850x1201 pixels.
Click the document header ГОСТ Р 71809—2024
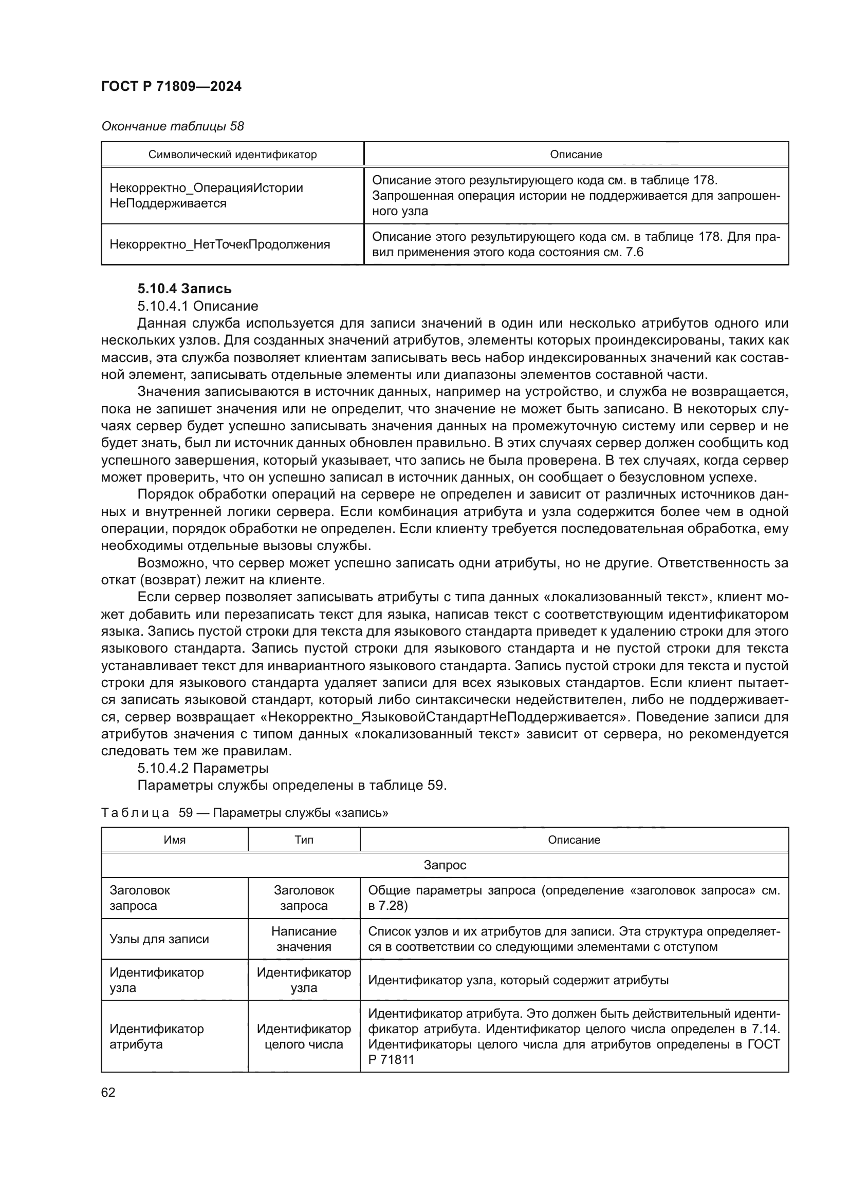point(171,86)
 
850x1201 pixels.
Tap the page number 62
point(108,1092)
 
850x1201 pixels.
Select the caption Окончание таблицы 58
point(172,126)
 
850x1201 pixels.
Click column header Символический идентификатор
point(232,155)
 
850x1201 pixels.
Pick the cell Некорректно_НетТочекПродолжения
point(220,244)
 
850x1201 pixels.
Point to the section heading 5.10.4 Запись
point(184,289)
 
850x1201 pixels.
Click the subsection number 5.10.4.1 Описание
point(197,306)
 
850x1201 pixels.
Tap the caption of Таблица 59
point(244,812)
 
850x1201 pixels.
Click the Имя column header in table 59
point(174,840)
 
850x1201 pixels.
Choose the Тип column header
point(304,840)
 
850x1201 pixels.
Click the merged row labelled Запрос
point(445,865)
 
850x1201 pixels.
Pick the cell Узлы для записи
point(159,939)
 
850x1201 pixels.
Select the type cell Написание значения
point(304,939)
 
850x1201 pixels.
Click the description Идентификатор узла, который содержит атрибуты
point(518,980)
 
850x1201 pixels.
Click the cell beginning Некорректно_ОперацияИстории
point(206,195)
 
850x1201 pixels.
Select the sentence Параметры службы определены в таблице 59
point(291,785)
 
